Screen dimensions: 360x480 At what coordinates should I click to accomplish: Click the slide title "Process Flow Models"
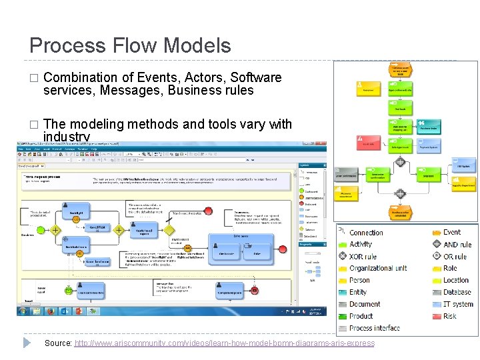point(130,45)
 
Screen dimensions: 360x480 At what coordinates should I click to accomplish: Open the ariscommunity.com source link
point(224,343)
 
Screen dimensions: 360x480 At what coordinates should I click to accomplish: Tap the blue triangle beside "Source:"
point(27,343)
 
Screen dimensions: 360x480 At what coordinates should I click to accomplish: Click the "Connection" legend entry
point(366,233)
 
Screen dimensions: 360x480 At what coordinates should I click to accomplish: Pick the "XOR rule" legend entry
point(363,257)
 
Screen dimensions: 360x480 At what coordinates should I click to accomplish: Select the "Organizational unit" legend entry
point(378,269)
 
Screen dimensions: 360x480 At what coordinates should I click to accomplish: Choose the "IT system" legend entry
point(458,304)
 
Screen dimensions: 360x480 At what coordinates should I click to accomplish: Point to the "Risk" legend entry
point(450,316)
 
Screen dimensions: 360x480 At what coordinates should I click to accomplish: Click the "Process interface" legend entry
point(374,328)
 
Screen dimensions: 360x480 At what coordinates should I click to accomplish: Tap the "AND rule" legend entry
point(457,245)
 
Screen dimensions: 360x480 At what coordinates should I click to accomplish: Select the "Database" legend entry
point(457,292)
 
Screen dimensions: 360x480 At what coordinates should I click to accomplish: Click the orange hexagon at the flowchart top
point(400,69)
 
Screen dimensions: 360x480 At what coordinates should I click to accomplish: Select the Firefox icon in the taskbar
point(50,311)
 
